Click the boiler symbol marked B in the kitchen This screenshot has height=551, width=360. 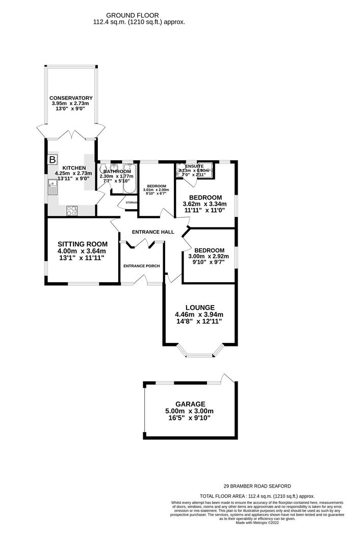tap(52, 160)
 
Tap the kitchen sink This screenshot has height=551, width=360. tap(53, 187)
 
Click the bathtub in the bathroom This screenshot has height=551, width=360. tap(128, 180)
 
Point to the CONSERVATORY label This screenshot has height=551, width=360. tap(71, 98)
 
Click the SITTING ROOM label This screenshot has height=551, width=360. tap(82, 244)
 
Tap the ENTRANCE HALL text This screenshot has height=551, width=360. tap(153, 232)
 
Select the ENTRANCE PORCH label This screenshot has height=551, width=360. tap(142, 266)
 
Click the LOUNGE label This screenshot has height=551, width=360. tap(199, 307)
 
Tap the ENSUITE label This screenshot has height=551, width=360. tap(194, 166)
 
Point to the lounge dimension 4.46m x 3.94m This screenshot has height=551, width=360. tap(199, 314)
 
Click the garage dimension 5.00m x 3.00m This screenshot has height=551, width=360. tap(190, 411)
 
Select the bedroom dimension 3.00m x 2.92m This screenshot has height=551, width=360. tap(209, 257)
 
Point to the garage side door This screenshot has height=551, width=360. tap(228, 378)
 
